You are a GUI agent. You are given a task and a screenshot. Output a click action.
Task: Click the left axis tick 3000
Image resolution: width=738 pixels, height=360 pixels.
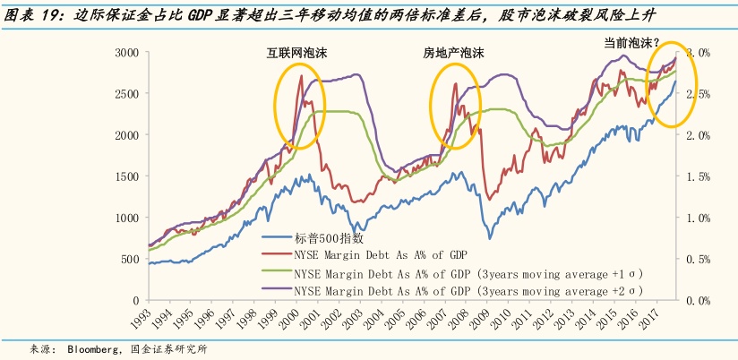124,53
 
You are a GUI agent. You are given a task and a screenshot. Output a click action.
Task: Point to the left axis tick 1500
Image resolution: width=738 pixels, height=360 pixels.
124,176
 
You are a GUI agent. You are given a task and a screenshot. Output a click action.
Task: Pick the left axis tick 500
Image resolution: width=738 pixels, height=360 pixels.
128,259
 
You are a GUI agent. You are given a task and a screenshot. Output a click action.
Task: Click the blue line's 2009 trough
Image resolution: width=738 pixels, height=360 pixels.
489,237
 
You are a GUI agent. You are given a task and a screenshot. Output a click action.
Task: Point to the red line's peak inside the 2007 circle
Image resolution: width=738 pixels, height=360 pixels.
456,84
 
